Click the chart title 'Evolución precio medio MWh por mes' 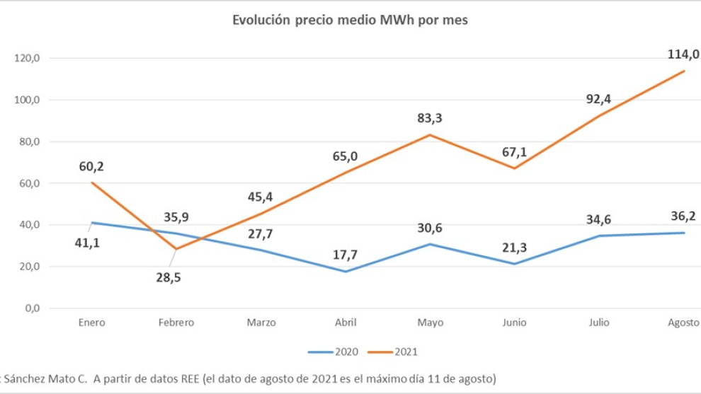(x=350, y=21)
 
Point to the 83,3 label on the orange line (x=430, y=117)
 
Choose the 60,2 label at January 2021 (x=91, y=167)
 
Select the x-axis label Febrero (x=176, y=323)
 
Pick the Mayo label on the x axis (x=431, y=323)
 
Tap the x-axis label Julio (x=599, y=323)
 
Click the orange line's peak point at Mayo (x=431, y=134)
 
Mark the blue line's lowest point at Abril (x=346, y=272)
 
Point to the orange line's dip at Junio (x=515, y=168)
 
